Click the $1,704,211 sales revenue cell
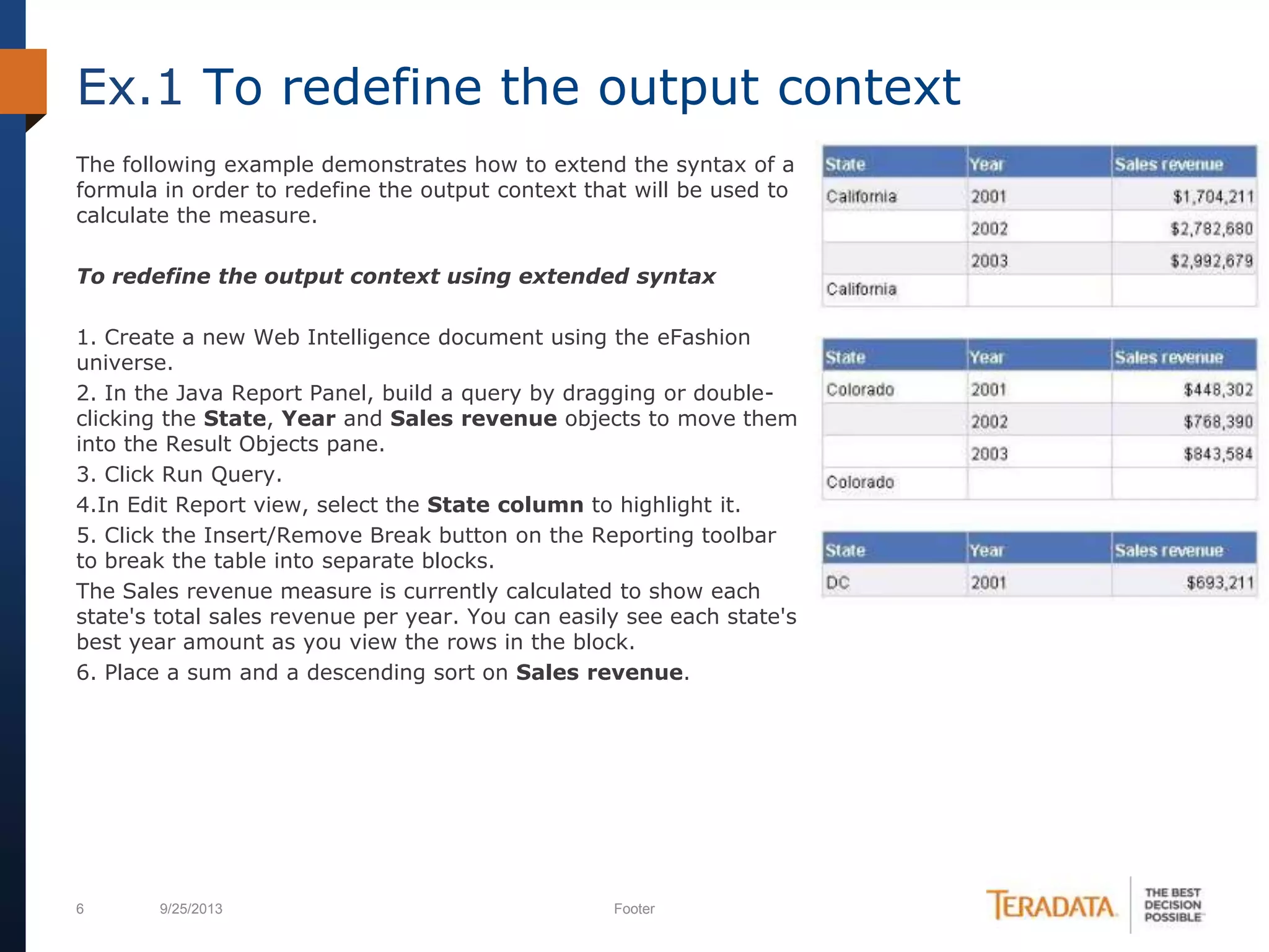coord(1213,197)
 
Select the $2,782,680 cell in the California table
coord(1211,229)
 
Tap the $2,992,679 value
coord(1211,261)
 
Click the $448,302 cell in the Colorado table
coord(1218,390)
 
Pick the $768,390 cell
coord(1218,422)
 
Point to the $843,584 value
coord(1218,454)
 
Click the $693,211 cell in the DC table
coord(1219,583)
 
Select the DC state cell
coord(838,583)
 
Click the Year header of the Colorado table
coord(986,358)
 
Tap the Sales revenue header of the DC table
coord(1169,550)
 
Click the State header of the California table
coord(845,164)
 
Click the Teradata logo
coord(1052,906)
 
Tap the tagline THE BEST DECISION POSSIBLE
coord(1172,905)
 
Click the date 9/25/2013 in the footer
coord(191,909)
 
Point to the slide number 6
coord(80,909)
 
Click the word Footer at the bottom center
coord(634,909)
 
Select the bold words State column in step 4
coord(505,505)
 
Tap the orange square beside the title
coord(24,81)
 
